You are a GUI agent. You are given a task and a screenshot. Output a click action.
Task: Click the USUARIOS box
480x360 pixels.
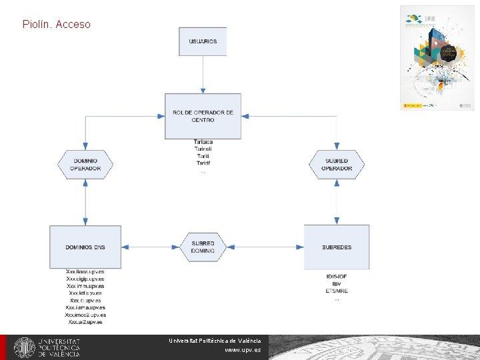coord(203,41)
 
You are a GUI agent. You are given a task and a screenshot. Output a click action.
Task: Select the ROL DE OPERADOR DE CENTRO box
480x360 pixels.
coord(203,116)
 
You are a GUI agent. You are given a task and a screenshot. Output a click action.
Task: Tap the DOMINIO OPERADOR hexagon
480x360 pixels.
coord(85,164)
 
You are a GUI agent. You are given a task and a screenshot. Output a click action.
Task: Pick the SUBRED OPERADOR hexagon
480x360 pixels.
coord(337,164)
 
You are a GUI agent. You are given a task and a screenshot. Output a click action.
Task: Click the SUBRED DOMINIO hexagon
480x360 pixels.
coord(203,247)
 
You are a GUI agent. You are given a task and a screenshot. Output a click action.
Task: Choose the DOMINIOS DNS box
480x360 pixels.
coord(85,247)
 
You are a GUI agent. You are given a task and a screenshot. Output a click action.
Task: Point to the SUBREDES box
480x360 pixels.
coord(337,247)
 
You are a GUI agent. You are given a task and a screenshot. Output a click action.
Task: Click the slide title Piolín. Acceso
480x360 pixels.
coord(56,25)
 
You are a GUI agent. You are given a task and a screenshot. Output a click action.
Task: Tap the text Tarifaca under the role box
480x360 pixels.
coord(203,142)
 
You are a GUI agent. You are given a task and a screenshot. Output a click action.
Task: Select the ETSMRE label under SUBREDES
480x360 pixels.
coord(337,291)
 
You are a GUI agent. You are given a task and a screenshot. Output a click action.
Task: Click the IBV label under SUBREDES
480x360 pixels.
coord(337,284)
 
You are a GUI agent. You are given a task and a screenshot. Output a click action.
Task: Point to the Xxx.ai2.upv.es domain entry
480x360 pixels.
coord(85,322)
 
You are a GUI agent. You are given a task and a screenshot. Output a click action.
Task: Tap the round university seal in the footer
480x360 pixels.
coord(25,347)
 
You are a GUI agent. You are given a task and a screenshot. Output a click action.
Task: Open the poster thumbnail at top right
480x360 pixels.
coord(437,57)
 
